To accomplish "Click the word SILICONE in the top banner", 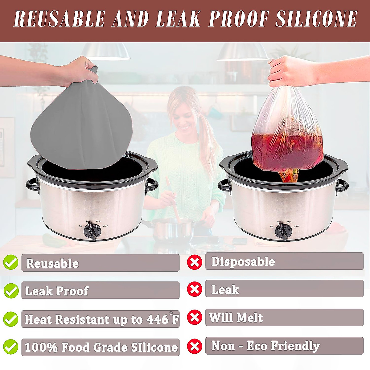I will point(316,19).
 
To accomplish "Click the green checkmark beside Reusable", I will point(11,262).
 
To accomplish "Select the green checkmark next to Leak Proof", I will point(11,290).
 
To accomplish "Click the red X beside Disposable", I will point(195,262).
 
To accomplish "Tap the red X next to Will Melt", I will point(195,317).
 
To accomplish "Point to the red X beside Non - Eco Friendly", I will point(195,346).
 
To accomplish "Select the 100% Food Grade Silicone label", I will point(101,347).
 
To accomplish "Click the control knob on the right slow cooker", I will point(283,231).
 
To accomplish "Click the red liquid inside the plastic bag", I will point(287,148).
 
